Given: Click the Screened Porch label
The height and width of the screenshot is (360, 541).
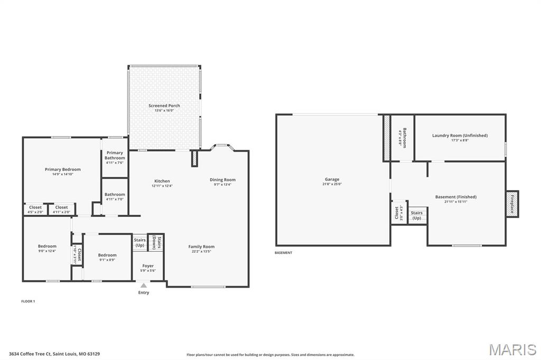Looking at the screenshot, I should point(164,106).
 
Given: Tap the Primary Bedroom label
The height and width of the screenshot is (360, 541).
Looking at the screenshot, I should point(62,169).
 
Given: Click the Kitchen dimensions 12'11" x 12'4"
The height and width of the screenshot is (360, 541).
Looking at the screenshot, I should point(162,186).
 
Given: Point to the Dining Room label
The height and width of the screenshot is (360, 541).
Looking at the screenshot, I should point(222,179).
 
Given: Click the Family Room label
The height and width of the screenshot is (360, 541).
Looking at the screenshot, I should point(201,247).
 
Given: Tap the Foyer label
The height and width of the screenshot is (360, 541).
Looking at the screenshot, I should point(148,266).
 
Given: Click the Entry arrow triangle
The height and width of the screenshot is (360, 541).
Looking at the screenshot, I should point(144,286).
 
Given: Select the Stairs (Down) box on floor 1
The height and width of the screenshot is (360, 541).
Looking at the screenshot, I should point(156,242).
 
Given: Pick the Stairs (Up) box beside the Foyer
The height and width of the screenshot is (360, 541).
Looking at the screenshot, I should point(139,242).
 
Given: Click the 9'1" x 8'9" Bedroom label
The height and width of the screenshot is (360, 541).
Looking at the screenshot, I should point(107,255).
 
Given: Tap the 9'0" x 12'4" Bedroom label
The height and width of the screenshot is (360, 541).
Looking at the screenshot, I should point(47,246).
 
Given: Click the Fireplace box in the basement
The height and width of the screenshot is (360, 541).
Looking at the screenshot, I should point(512,204).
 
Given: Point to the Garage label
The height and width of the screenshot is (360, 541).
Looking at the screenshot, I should point(332,179).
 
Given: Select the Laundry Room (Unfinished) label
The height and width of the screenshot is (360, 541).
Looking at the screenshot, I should point(460,136).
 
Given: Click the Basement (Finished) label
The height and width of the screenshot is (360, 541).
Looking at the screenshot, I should point(455,197).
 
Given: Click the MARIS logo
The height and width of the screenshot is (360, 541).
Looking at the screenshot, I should point(512,349).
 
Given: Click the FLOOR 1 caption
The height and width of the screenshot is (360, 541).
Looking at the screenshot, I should point(27,301).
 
